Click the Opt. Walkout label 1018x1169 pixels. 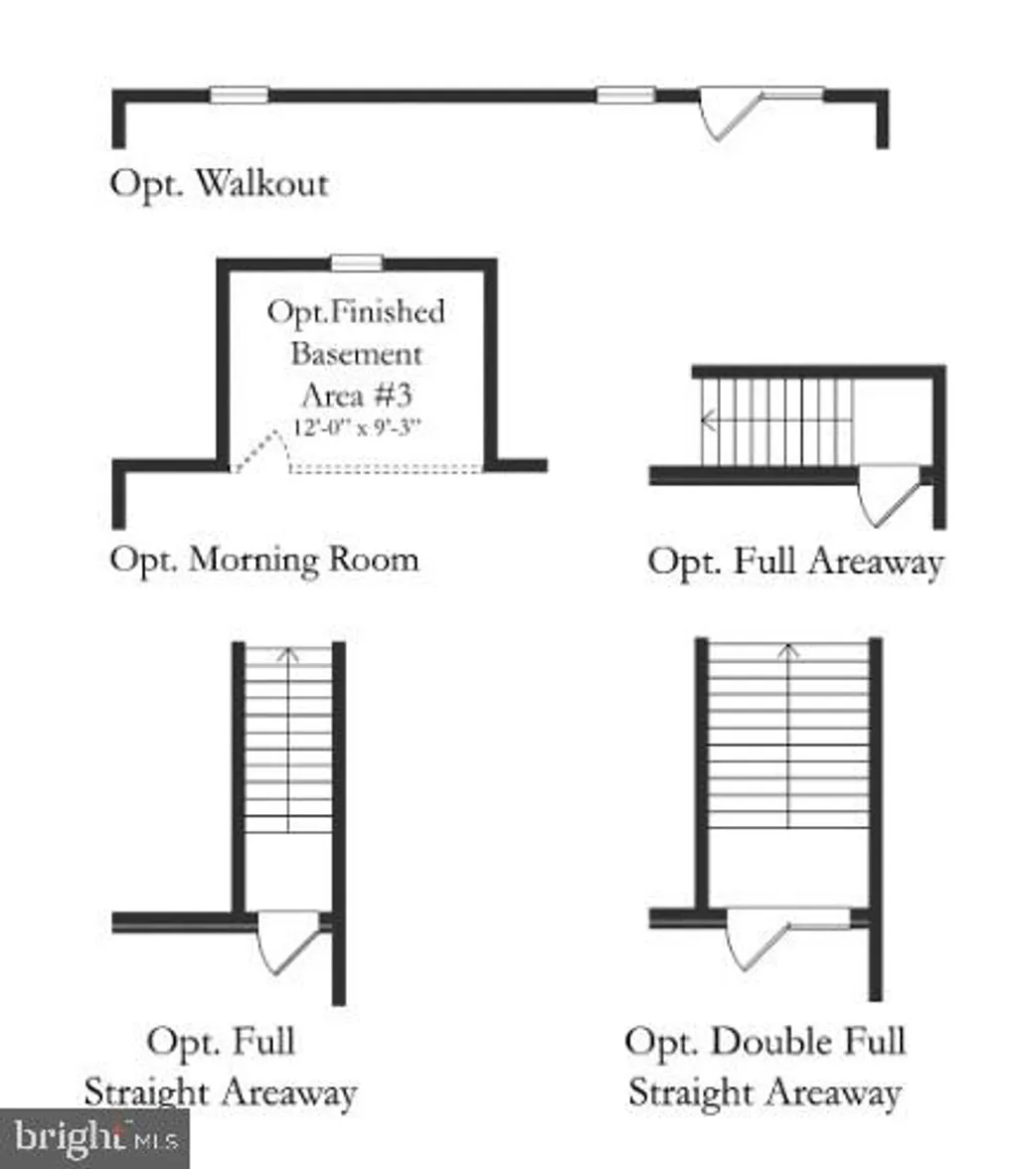219,185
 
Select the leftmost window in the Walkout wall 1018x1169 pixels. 239,95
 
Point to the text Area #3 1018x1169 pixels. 356,396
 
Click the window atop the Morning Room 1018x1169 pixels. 356,262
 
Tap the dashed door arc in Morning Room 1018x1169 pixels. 264,448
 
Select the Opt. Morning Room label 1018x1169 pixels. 264,559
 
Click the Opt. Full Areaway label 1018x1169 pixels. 794,562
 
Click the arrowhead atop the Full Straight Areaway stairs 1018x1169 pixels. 288,653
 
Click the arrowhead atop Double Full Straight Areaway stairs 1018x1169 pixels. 788,651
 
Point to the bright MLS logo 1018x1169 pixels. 93,1137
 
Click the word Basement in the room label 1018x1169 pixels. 356,354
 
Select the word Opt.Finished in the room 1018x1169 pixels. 356,312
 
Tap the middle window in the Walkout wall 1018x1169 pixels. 625,95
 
